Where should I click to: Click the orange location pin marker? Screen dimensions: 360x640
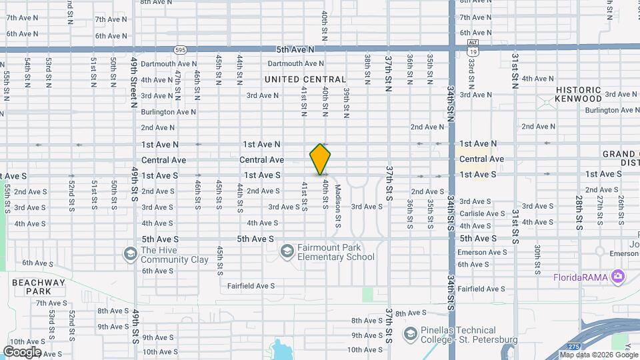[x=320, y=159]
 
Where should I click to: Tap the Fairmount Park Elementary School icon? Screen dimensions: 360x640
[x=287, y=251]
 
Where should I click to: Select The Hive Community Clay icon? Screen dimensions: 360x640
[x=130, y=254]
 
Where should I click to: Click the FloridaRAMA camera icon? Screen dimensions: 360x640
[x=619, y=276]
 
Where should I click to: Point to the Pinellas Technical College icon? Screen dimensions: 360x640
[x=410, y=333]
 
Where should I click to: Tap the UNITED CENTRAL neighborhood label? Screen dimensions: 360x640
[x=305, y=79]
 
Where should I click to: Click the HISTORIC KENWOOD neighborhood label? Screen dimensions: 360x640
[x=579, y=94]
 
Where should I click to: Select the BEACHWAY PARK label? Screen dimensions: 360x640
[x=39, y=287]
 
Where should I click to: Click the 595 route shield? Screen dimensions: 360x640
[x=180, y=49]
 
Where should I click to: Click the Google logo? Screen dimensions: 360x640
[x=22, y=351]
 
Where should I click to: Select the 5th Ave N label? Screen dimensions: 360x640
[x=295, y=49]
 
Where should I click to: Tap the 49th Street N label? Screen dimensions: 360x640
[x=134, y=82]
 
